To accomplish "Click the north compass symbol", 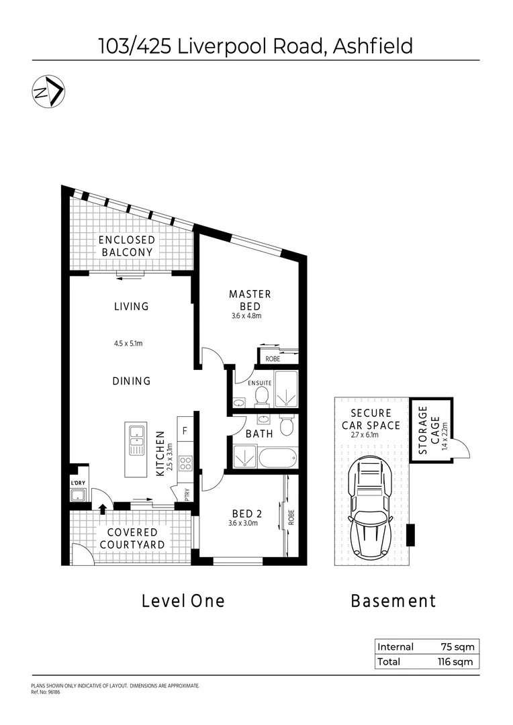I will pyautogui.click(x=48, y=93).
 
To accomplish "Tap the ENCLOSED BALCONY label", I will pyautogui.click(x=126, y=246).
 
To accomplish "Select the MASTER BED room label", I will pyautogui.click(x=250, y=299).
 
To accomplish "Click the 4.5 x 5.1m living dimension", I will pyautogui.click(x=128, y=344).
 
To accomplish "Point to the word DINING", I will pyautogui.click(x=132, y=381).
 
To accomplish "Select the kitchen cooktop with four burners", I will pyautogui.click(x=185, y=462).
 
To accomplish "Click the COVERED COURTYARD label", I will pyautogui.click(x=132, y=538).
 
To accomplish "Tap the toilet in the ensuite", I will pyautogui.click(x=261, y=398).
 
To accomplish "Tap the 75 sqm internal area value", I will pyautogui.click(x=459, y=647).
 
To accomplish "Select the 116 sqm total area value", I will pyautogui.click(x=457, y=662).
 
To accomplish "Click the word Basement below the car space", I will pyautogui.click(x=393, y=601).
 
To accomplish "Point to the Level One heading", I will pyautogui.click(x=183, y=601).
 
